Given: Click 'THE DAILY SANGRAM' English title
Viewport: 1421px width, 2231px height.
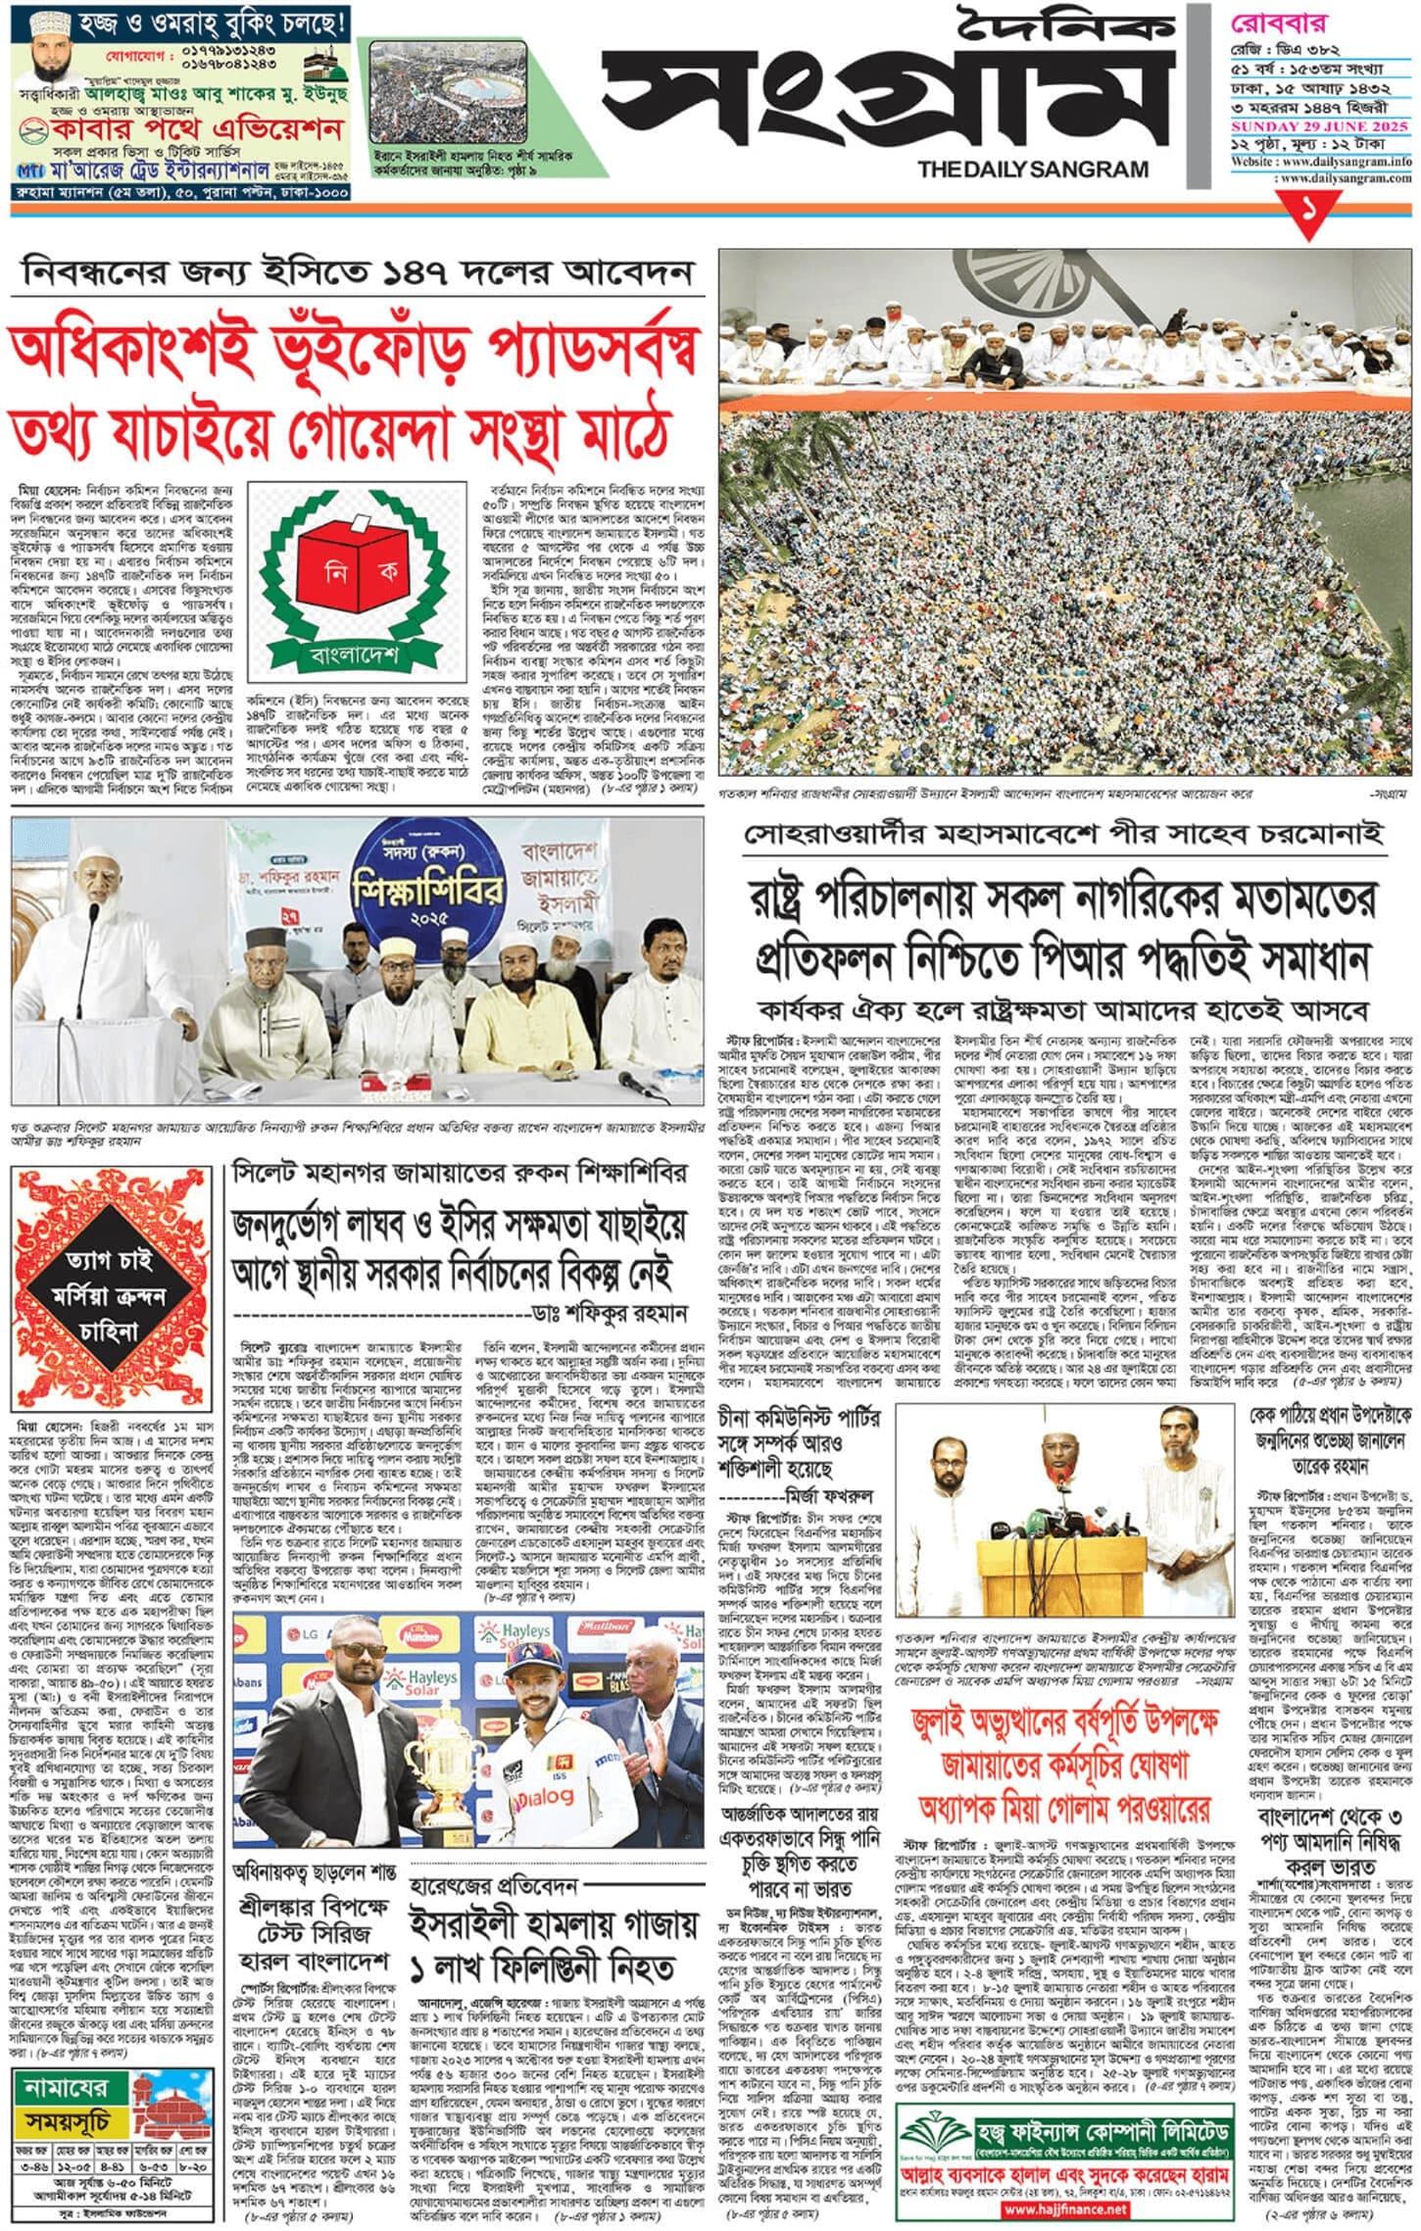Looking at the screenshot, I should [x=1032, y=170].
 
